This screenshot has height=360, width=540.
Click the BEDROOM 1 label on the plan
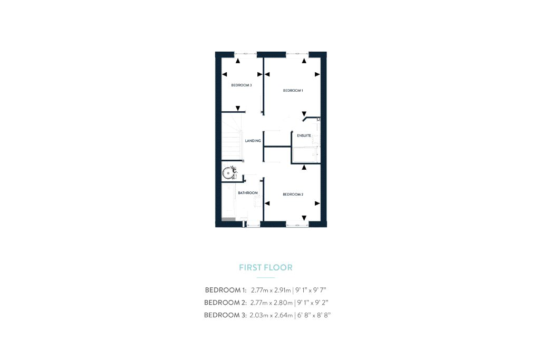click(x=293, y=91)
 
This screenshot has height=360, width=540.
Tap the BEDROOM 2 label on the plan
click(x=293, y=194)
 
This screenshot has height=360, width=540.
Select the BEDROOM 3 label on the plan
click(x=242, y=85)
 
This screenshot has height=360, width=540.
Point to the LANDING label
click(x=253, y=141)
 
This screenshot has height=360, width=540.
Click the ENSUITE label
click(x=304, y=135)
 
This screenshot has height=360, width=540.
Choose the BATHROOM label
click(x=248, y=193)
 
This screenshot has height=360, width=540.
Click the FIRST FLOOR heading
click(x=266, y=267)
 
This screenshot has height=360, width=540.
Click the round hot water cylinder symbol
click(x=228, y=173)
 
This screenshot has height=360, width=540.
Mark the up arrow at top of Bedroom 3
click(x=238, y=61)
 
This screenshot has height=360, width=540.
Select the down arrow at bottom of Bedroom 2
click(x=304, y=218)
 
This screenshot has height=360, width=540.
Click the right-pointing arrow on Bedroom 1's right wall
click(x=317, y=74)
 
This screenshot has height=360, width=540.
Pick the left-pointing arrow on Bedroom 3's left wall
click(x=225, y=74)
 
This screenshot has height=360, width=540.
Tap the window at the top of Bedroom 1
click(x=297, y=54)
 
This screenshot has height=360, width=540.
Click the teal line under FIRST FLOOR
click(x=266, y=277)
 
